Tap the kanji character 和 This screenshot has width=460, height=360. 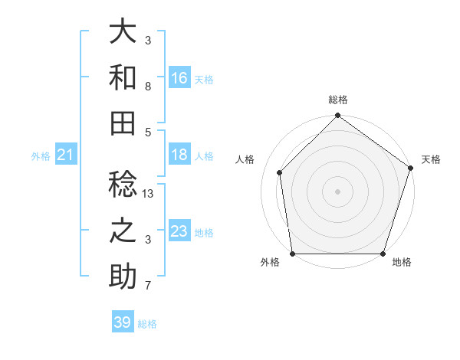tap(123, 77)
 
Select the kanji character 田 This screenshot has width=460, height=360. tap(123, 122)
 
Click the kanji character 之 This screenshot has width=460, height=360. tap(123, 231)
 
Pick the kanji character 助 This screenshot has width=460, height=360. tap(123, 277)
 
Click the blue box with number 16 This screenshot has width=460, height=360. tap(179, 77)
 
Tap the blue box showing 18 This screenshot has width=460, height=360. tap(179, 155)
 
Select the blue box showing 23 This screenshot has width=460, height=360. tap(179, 231)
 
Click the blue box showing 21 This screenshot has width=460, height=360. tap(66, 155)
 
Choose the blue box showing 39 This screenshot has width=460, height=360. tap(123, 322)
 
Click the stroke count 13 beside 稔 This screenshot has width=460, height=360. tap(149, 195)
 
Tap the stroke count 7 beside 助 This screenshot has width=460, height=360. tap(148, 286)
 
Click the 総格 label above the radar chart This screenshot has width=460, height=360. tap(338, 100)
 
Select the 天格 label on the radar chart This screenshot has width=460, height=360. tap(431, 159)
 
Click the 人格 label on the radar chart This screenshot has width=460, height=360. tap(246, 159)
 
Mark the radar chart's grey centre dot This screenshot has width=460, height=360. tap(337, 191)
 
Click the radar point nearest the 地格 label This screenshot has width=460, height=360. tap(383, 254)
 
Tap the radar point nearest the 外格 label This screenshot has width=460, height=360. tap(292, 254)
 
